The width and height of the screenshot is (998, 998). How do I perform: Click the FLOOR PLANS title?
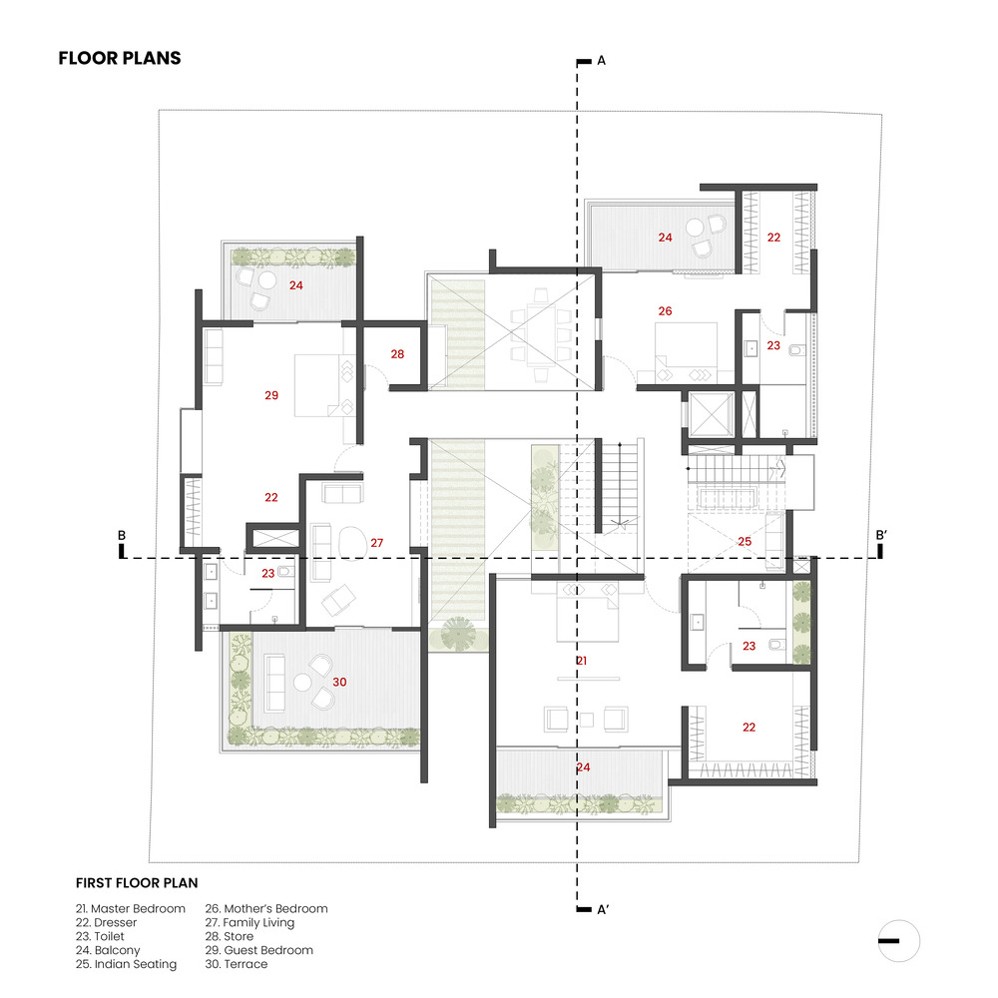tap(120, 58)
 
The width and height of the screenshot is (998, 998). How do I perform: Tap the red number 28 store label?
tap(397, 354)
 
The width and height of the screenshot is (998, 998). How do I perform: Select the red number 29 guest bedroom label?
tap(271, 395)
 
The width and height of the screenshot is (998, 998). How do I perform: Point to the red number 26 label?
tap(665, 310)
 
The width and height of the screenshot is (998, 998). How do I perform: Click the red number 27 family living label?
tap(377, 542)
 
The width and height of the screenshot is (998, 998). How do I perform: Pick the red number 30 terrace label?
tap(339, 682)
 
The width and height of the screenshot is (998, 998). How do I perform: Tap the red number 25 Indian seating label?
tap(745, 541)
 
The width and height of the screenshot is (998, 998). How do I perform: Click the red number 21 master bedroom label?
tap(581, 661)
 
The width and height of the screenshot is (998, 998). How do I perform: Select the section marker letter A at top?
tap(602, 61)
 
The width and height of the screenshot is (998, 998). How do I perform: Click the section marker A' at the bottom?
tap(603, 909)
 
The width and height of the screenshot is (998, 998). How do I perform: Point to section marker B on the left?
tap(122, 535)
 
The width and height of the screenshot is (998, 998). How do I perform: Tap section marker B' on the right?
tap(881, 535)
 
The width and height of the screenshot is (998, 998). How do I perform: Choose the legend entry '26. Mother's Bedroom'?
tap(266, 908)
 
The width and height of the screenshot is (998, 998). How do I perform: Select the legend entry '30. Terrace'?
tap(237, 964)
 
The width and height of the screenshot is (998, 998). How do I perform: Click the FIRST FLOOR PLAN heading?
tap(137, 883)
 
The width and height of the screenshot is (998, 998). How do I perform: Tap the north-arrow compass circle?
tap(899, 941)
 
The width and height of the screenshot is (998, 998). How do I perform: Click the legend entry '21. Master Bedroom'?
tap(131, 908)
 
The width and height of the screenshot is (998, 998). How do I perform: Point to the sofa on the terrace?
tap(274, 683)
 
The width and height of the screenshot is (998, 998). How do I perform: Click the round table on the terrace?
tap(302, 683)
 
